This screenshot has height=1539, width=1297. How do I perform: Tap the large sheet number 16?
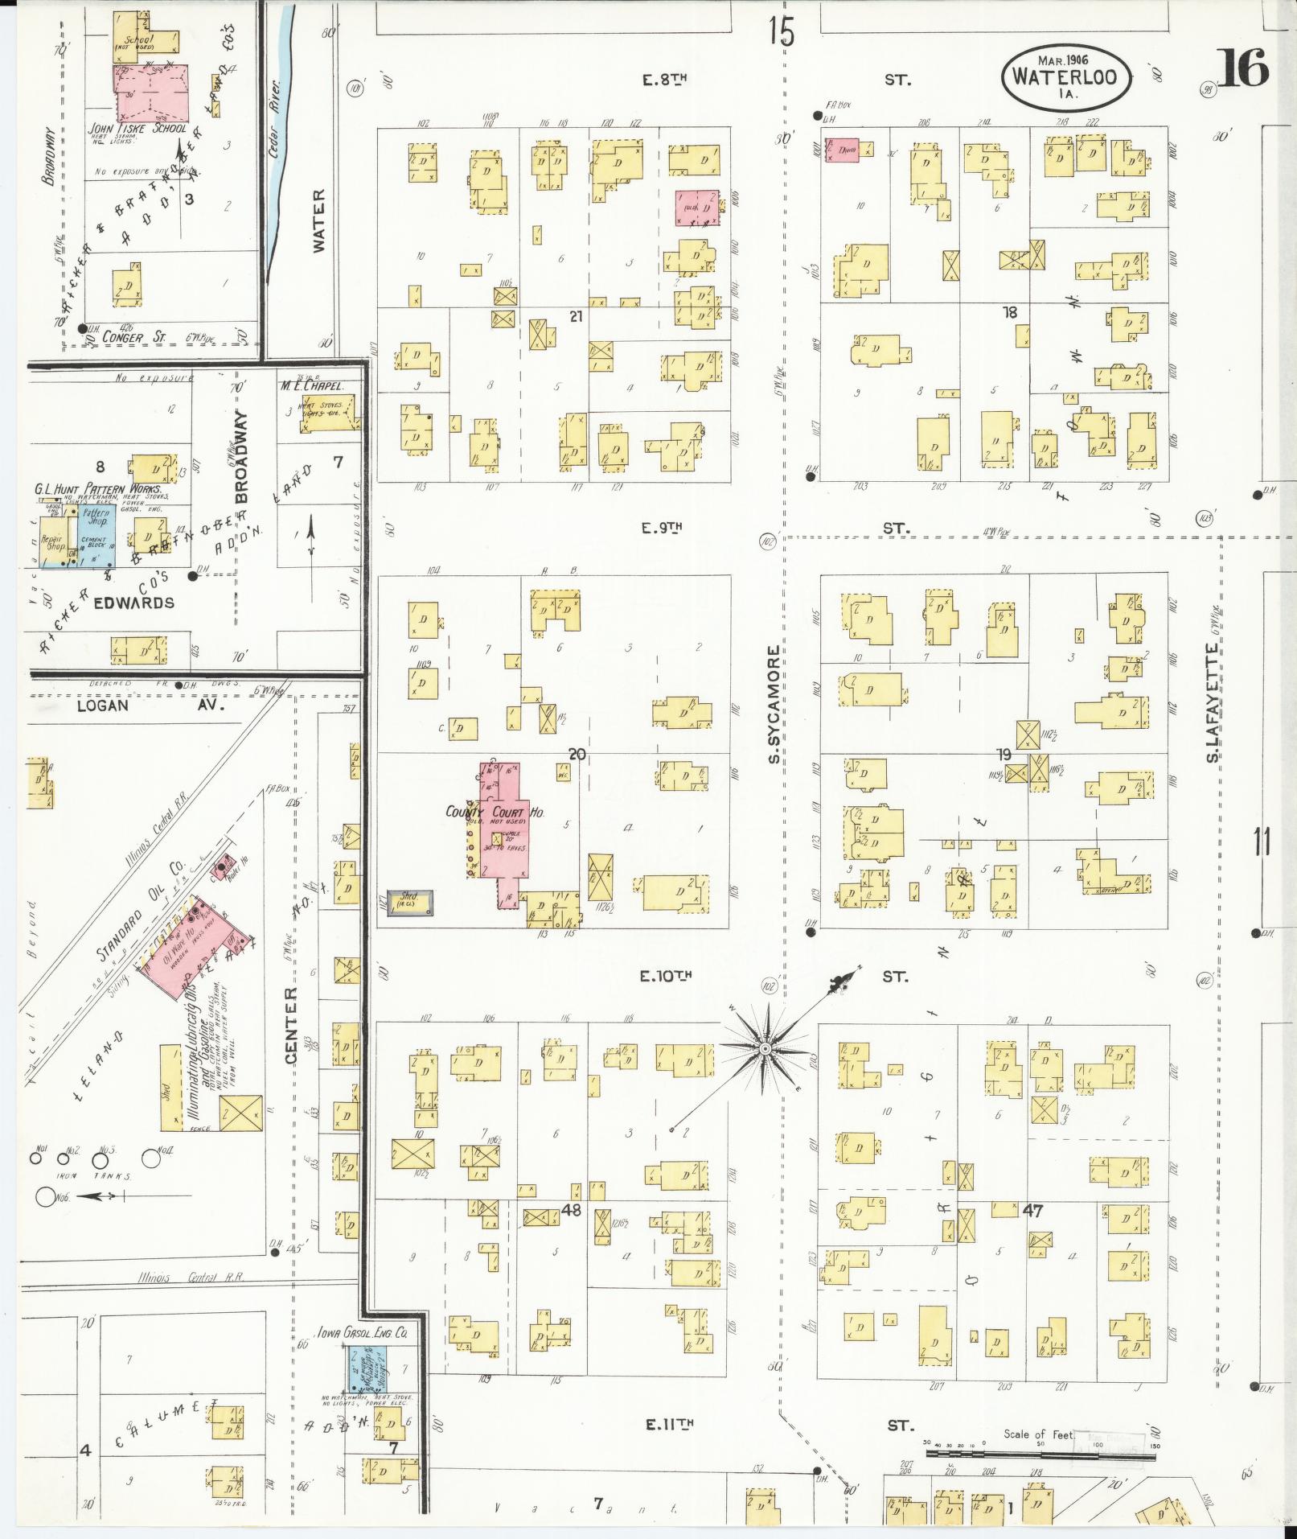tap(1242, 68)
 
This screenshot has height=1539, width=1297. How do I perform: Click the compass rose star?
tap(765, 1049)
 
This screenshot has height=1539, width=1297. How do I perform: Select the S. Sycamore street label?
tap(774, 704)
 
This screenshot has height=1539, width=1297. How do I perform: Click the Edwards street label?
tap(133, 603)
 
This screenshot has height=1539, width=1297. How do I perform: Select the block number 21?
tap(576, 317)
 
